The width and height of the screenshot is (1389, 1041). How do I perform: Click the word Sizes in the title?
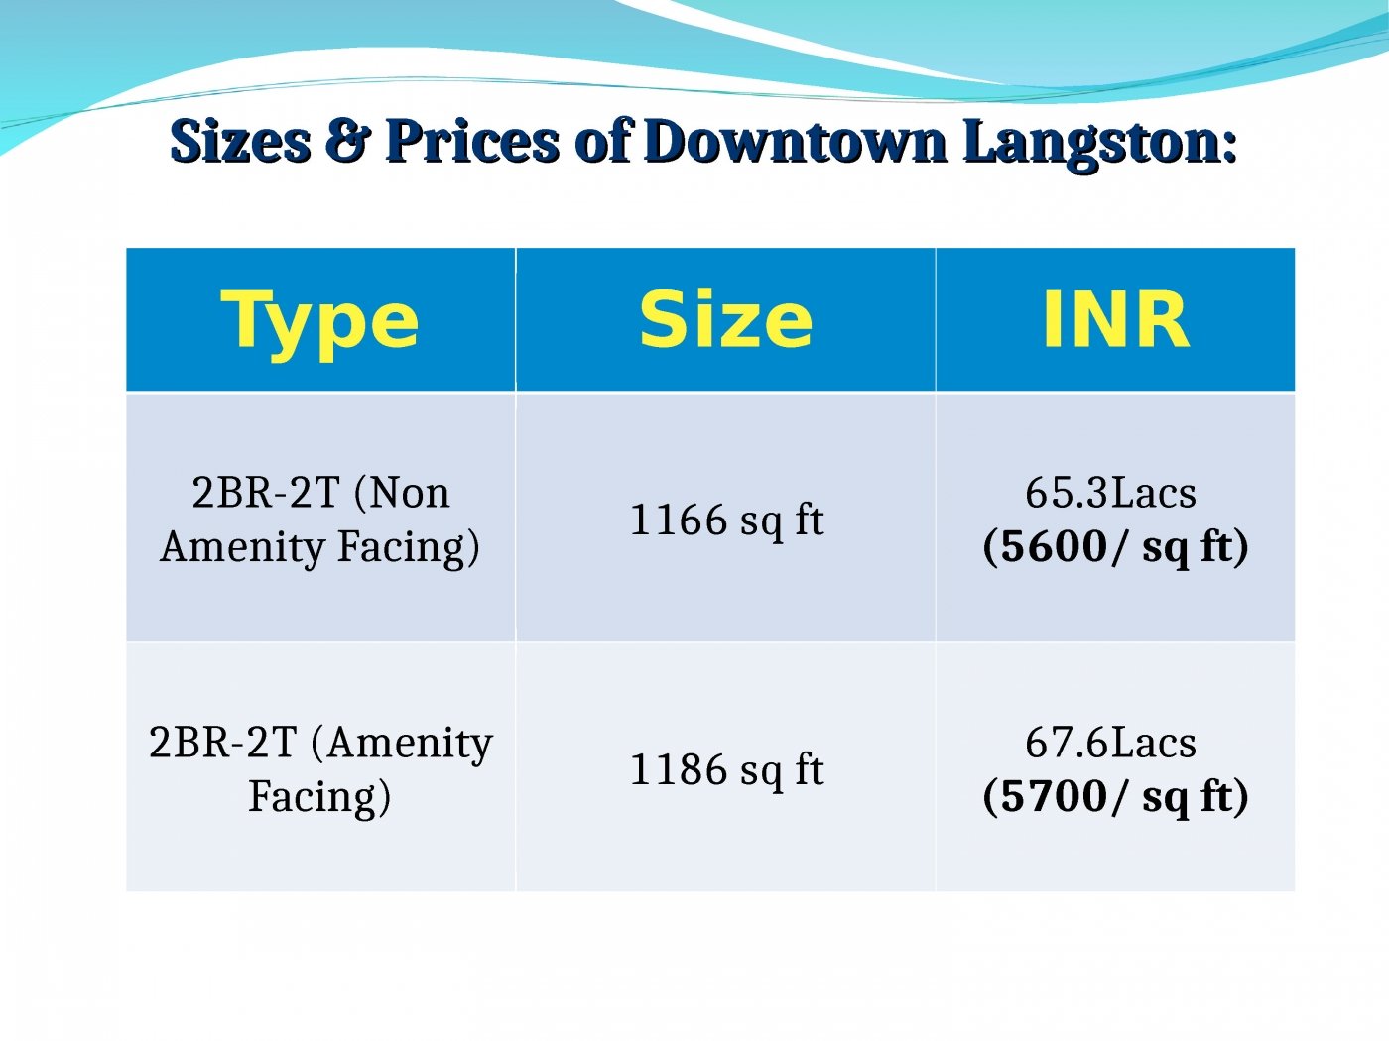(239, 141)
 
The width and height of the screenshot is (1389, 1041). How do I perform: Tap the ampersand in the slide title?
(347, 141)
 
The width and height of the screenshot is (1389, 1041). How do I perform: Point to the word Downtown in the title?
(795, 141)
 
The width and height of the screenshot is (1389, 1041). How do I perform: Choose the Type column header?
(319, 321)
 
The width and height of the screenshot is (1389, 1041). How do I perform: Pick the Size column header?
(725, 319)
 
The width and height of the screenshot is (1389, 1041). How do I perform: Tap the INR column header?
(1114, 319)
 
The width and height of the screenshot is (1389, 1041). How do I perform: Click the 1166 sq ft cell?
(726, 520)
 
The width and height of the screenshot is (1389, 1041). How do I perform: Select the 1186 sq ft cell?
(726, 769)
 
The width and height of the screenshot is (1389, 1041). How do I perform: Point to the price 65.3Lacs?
(1110, 493)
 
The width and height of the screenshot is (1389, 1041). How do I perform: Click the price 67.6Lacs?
(1110, 743)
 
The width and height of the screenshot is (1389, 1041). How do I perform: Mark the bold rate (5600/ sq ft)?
(1115, 547)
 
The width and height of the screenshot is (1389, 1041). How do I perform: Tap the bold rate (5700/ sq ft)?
(1115, 797)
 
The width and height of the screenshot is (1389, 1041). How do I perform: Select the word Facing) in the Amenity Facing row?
(319, 797)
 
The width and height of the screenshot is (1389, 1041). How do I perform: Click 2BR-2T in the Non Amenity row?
(265, 493)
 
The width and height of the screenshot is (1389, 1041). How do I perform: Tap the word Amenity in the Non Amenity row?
(242, 547)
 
